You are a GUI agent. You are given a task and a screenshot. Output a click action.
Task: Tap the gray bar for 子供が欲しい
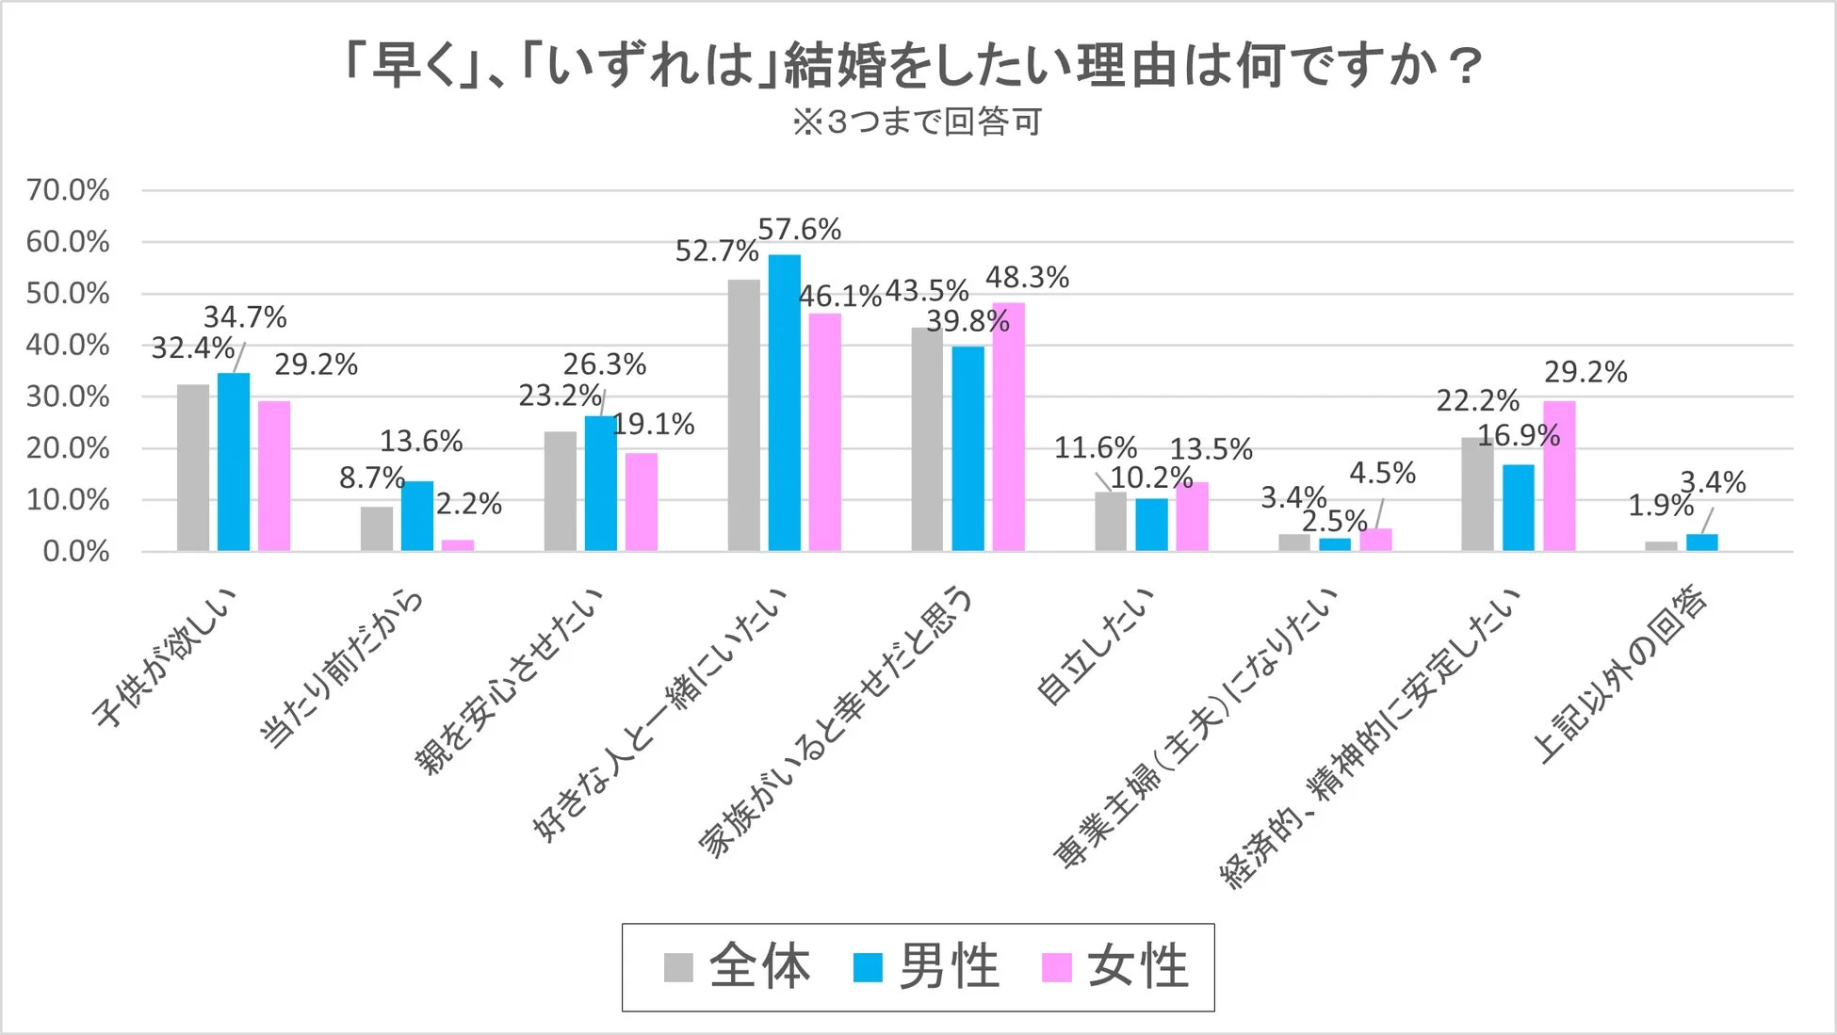(x=193, y=468)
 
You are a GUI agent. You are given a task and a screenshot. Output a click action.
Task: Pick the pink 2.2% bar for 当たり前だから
(x=458, y=545)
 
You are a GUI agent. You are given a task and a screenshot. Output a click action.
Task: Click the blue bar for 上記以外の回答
(x=1701, y=542)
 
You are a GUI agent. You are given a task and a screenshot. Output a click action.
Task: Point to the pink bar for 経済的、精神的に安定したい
(x=1559, y=477)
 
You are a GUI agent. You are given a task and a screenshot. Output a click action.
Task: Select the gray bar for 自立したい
(x=1111, y=522)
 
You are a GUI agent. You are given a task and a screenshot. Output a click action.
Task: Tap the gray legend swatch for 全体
(x=678, y=968)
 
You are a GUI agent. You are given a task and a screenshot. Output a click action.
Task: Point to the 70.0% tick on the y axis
(x=68, y=190)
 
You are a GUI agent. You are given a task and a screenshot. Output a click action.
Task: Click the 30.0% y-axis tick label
(x=68, y=396)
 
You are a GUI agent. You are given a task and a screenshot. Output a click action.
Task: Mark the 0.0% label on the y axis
(x=75, y=552)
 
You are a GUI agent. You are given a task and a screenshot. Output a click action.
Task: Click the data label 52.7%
(x=716, y=251)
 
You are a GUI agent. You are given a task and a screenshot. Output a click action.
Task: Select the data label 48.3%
(x=1027, y=278)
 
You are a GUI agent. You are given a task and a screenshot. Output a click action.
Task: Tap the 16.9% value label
(x=1518, y=436)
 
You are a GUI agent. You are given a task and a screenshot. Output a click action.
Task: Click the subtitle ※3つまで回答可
(x=917, y=122)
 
